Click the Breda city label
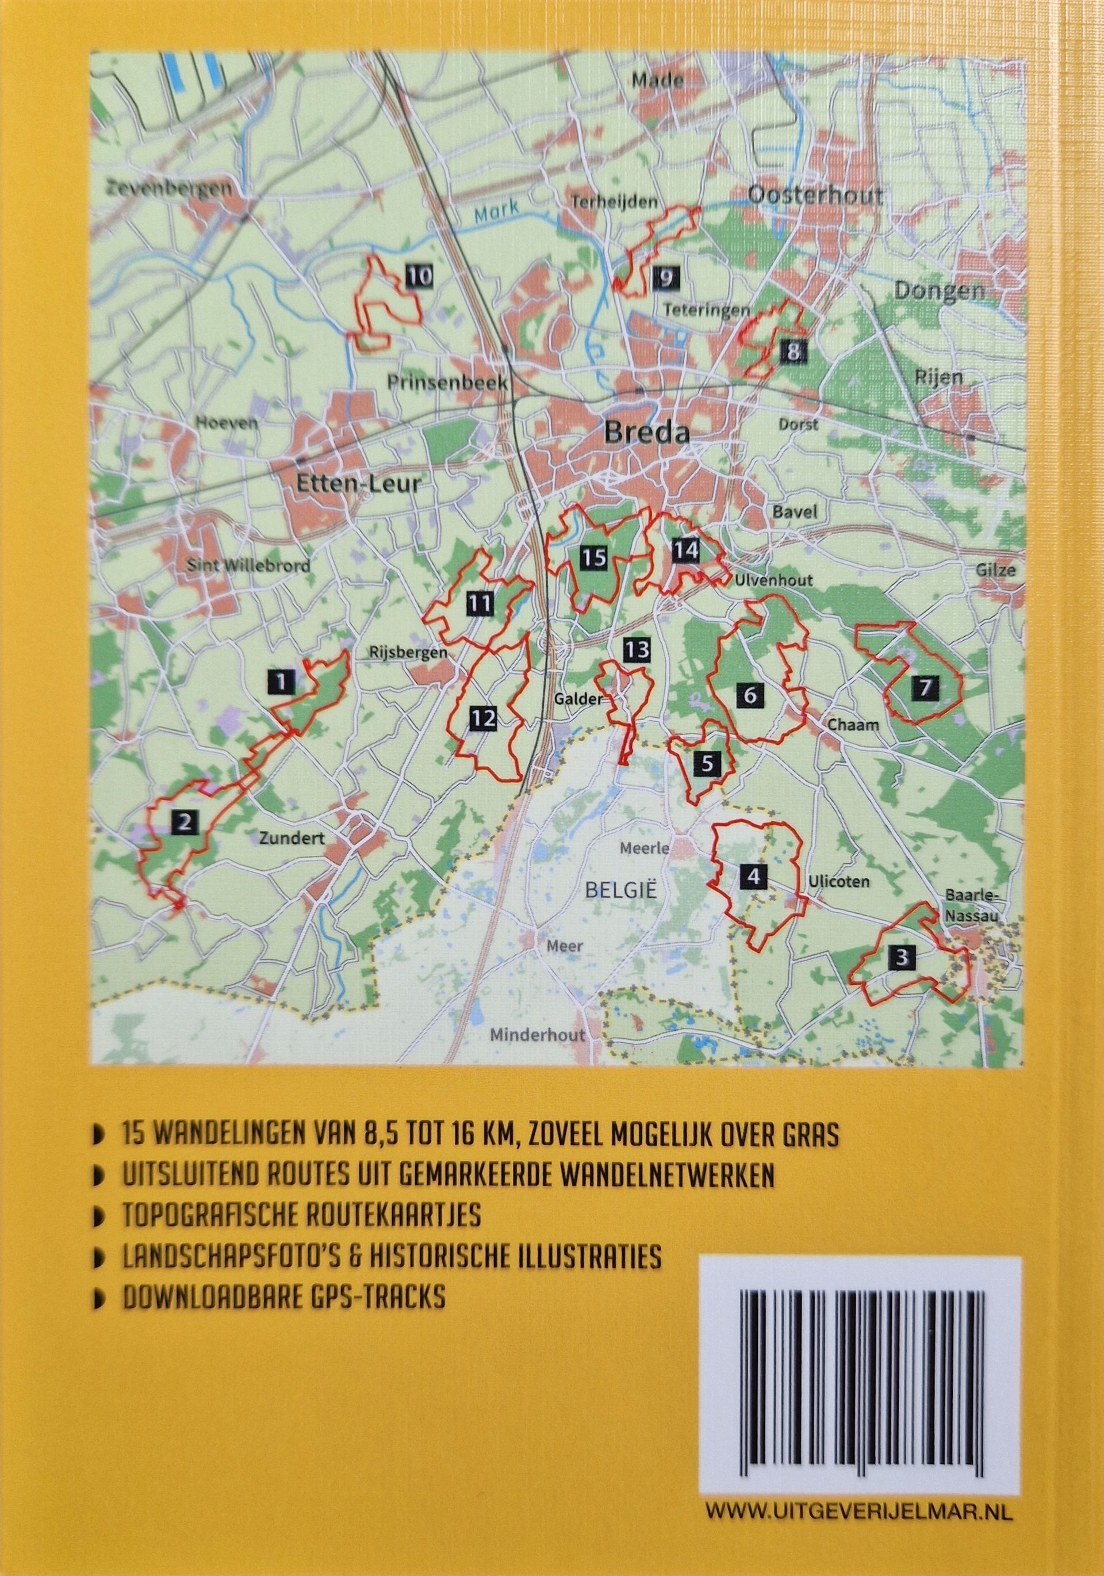646,433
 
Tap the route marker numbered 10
419,277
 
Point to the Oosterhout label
814,195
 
